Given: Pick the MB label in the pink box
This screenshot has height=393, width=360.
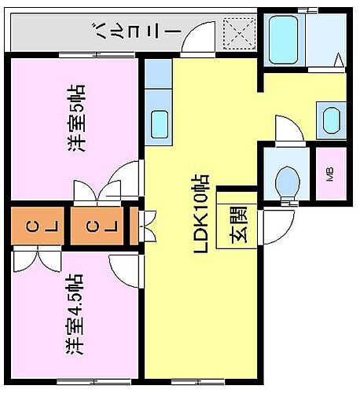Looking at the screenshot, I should tap(329, 174).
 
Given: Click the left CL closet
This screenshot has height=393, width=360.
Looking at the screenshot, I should tap(33, 226).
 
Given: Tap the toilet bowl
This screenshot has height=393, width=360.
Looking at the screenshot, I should tap(286, 180).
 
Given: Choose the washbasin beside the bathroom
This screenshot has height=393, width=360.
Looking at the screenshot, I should tap(331, 120).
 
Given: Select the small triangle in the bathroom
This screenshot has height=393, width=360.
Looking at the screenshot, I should tap(337, 60).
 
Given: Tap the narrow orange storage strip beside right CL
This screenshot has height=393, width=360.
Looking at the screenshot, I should tap(133, 226).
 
